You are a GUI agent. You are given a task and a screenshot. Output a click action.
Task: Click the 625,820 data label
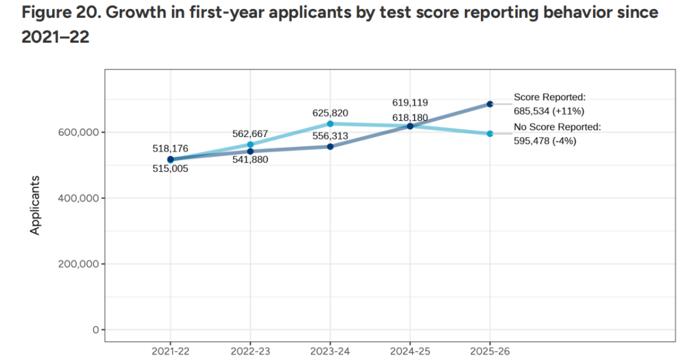(x=330, y=113)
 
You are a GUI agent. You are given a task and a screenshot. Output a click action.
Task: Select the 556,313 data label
(x=330, y=136)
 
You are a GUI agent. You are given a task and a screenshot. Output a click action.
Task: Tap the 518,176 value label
(x=170, y=148)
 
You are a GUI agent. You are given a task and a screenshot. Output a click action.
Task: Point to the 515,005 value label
(x=170, y=169)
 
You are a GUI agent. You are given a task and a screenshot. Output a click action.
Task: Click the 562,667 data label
(x=250, y=134)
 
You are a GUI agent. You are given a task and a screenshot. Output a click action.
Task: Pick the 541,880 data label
(x=250, y=160)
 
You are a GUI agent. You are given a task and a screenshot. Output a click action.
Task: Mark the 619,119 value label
(x=410, y=103)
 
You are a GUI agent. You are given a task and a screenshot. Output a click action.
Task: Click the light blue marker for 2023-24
(x=330, y=124)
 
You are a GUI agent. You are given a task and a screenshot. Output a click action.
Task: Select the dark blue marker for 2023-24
(x=330, y=147)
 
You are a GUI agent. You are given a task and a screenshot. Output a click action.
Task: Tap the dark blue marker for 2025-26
(x=490, y=104)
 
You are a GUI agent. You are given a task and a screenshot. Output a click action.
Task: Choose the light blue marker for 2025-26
(x=490, y=134)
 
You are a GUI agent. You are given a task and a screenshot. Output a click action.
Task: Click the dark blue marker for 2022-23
(x=250, y=152)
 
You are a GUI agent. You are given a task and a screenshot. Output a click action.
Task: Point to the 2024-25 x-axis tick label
(x=410, y=350)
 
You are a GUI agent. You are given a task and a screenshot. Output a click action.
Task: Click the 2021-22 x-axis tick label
(x=170, y=350)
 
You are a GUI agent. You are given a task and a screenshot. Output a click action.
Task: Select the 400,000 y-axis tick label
(x=76, y=198)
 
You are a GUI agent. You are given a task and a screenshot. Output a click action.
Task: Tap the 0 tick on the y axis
(x=94, y=330)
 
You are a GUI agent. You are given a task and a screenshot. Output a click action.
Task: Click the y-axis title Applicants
(x=36, y=205)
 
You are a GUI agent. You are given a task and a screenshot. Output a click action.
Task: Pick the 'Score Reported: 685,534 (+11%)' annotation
(x=549, y=104)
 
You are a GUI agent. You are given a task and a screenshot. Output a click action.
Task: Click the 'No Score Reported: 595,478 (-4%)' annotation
(x=557, y=134)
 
